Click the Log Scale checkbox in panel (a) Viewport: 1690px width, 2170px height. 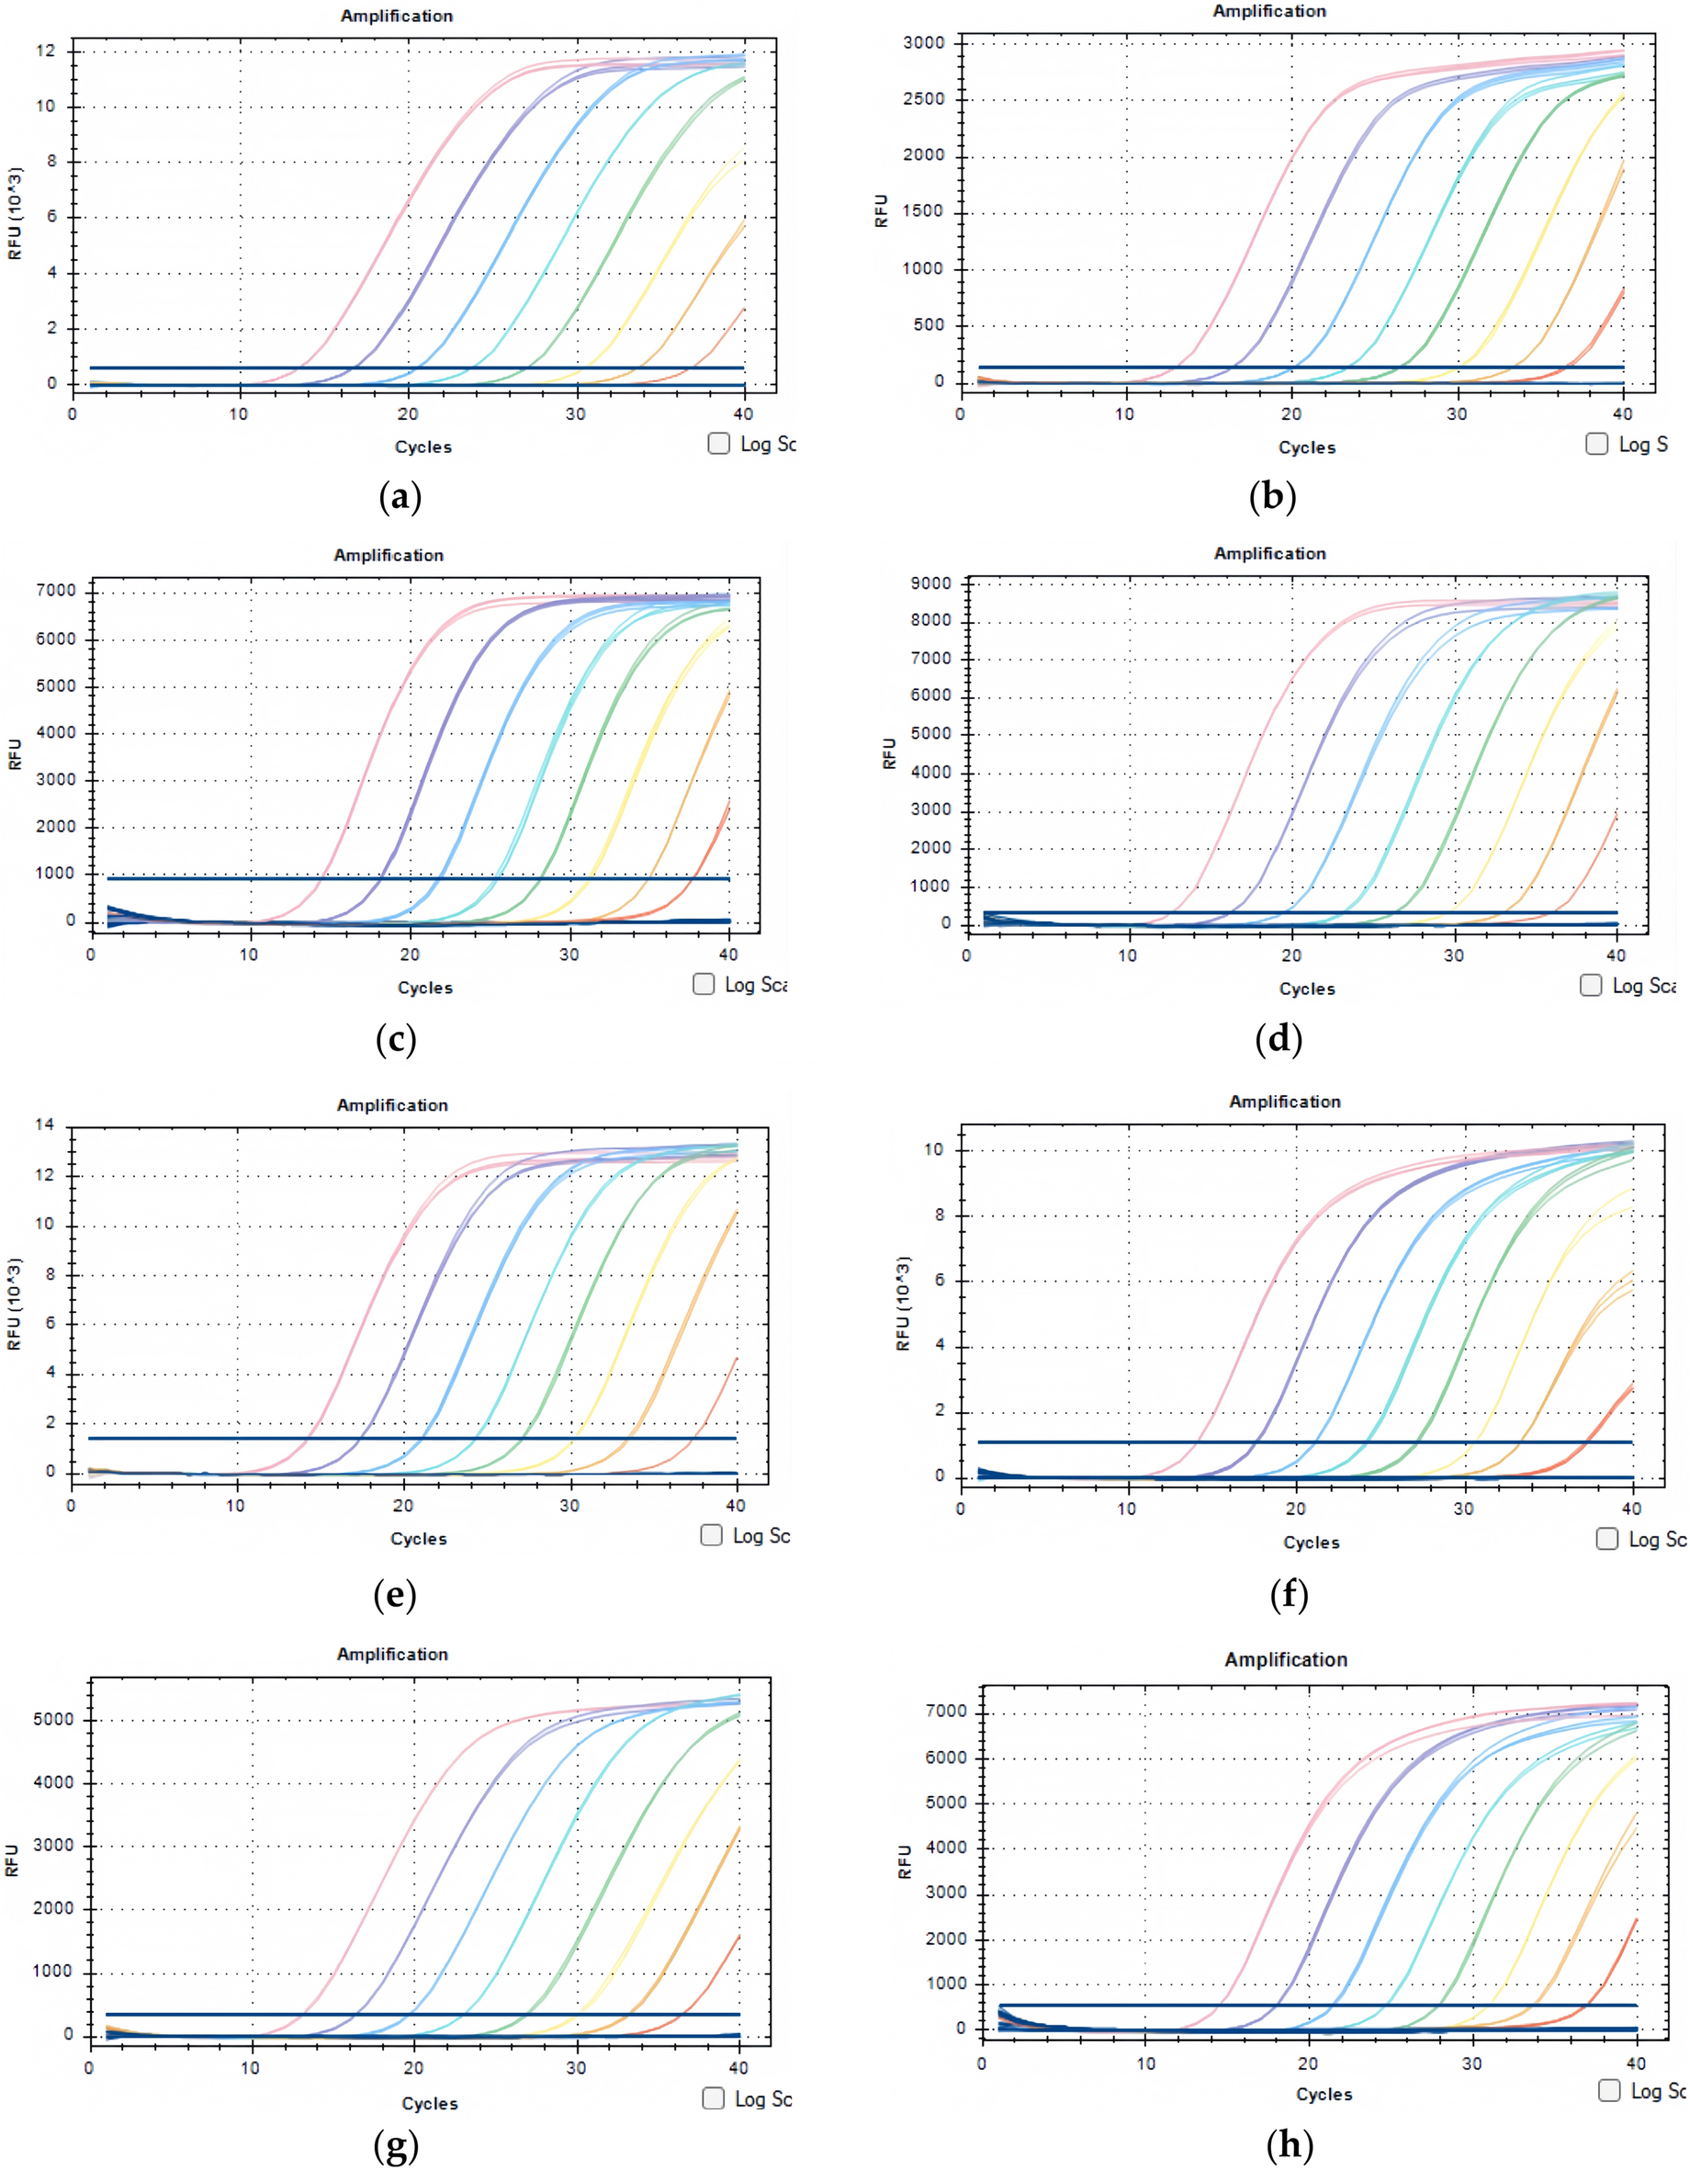(718, 443)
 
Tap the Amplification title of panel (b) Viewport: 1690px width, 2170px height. (1268, 11)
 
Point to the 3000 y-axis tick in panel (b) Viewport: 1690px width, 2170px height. (923, 43)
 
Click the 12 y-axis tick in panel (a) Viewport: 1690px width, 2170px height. (46, 51)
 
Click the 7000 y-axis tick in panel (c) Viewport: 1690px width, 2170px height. (56, 590)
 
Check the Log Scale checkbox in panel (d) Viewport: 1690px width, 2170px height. (1591, 985)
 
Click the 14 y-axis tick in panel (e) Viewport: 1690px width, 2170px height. (44, 1125)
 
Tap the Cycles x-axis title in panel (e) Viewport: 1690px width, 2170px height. (418, 1538)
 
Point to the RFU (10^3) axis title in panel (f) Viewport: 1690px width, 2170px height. (902, 1303)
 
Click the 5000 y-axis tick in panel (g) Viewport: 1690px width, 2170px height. (53, 1719)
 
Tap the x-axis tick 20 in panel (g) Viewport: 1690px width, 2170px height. (413, 2068)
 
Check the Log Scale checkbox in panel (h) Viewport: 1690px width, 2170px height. (1608, 2089)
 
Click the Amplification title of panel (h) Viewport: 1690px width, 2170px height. (1286, 1659)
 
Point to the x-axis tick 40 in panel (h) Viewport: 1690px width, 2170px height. (1636, 2063)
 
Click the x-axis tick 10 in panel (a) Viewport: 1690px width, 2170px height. (239, 413)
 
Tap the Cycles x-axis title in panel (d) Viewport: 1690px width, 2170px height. (1306, 989)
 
